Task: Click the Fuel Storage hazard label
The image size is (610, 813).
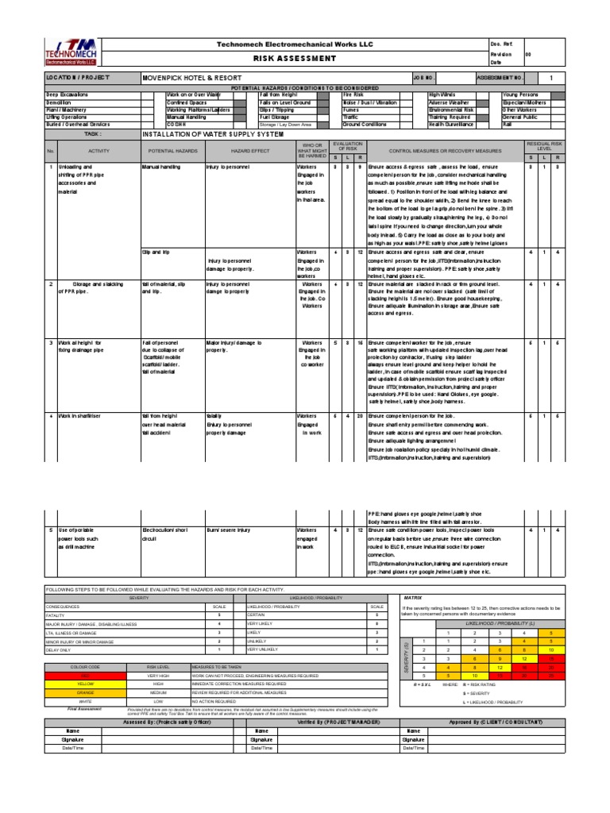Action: (275, 118)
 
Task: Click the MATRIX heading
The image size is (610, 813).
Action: (414, 595)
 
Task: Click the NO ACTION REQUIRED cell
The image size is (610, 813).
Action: (218, 702)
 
